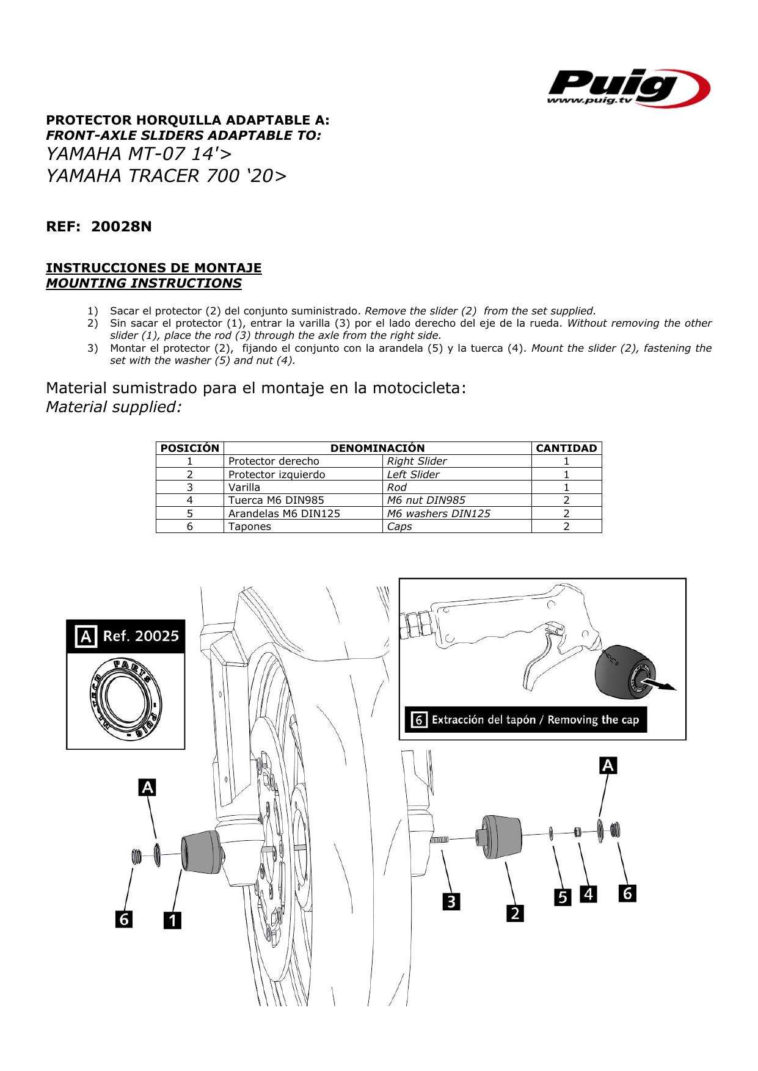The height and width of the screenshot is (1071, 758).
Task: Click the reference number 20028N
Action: click(x=121, y=227)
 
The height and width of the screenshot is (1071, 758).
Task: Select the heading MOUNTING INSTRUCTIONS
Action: click(x=144, y=283)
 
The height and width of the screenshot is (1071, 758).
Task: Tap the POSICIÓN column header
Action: click(x=189, y=448)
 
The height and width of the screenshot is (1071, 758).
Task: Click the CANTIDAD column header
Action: click(x=566, y=448)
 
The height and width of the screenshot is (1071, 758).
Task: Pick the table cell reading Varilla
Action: click(x=244, y=487)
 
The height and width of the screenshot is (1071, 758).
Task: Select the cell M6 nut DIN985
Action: click(x=426, y=500)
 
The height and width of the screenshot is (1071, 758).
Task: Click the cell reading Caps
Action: click(x=399, y=526)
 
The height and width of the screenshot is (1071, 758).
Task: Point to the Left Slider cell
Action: click(x=413, y=474)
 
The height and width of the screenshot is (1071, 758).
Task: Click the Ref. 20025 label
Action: click(x=140, y=636)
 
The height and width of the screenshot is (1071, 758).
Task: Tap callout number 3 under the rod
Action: click(x=451, y=901)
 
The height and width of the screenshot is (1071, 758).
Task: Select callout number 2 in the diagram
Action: click(x=515, y=913)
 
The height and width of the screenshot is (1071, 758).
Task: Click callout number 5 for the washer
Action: click(x=563, y=897)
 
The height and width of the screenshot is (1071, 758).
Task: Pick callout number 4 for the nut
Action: click(x=588, y=894)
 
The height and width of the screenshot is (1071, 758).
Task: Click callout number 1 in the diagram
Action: click(x=172, y=920)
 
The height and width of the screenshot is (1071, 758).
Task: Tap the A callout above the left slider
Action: click(x=147, y=788)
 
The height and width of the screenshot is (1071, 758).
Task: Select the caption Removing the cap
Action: click(x=593, y=720)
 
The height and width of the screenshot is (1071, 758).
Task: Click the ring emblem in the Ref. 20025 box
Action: click(x=125, y=697)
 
